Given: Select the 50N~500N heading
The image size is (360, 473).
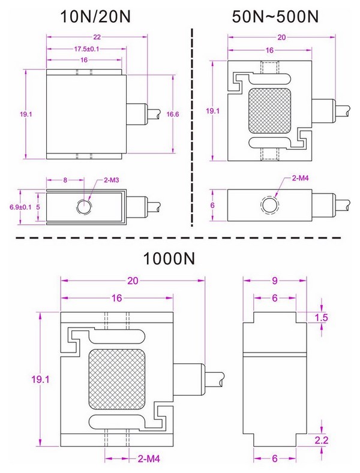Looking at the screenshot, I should tap(274, 16).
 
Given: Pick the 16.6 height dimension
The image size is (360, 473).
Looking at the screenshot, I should tap(173, 113).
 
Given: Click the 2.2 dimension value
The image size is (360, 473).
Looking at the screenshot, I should tap(322, 441).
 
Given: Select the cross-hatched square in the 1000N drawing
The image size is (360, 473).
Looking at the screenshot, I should tap(116, 379).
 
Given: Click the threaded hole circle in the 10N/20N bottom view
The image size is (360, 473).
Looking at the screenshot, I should tap(84, 207).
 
